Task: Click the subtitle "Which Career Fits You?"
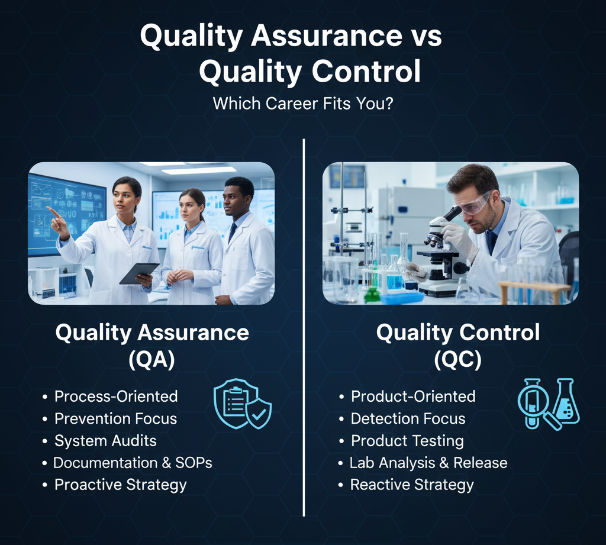pos(304,104)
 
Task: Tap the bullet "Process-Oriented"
pos(116,396)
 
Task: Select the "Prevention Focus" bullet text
pos(115,418)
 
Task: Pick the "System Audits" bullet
pos(105,441)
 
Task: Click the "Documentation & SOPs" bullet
pos(133,463)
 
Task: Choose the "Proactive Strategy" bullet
pos(120,485)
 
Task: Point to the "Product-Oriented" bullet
pos(413,396)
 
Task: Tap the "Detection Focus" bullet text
pos(408,418)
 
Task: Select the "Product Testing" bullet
pos(407,441)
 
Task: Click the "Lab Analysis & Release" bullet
pos(428,463)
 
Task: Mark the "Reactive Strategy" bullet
pos(412,485)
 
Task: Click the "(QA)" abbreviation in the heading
pos(151,360)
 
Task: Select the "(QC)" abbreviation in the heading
pos(457,360)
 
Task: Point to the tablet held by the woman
pos(139,273)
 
